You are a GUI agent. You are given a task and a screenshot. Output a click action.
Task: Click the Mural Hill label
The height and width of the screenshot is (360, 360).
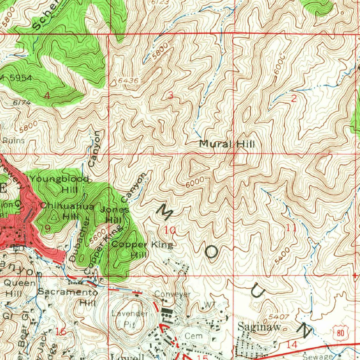(x=227, y=144)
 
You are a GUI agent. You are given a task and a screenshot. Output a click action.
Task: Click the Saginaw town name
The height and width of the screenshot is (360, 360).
(x=259, y=327)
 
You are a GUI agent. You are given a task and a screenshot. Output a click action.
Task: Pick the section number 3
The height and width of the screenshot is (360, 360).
(x=171, y=95)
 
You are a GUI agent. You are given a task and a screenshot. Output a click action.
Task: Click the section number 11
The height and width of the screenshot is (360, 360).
(x=292, y=228)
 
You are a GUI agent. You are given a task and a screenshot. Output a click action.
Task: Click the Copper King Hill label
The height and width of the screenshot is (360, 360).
(x=142, y=249)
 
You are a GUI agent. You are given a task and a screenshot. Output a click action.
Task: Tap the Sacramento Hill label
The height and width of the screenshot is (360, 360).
(x=68, y=297)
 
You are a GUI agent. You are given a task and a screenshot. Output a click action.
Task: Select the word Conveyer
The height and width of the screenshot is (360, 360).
(x=173, y=294)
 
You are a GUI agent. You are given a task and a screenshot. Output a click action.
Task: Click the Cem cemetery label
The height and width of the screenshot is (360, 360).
(x=194, y=336)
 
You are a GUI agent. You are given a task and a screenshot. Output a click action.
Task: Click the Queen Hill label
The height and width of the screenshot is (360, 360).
(x=20, y=288)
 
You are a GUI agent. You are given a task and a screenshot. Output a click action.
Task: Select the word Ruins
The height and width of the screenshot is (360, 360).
(x=14, y=141)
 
